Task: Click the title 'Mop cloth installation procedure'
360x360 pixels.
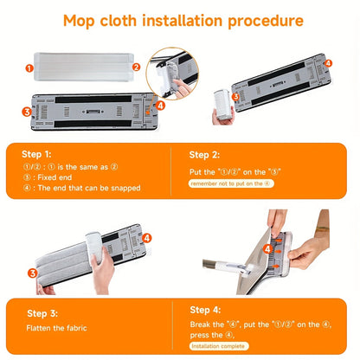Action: (180, 19)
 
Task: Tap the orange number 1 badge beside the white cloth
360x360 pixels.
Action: (29, 66)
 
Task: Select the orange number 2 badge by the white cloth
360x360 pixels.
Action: (136, 66)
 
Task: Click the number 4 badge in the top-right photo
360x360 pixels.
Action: (327, 63)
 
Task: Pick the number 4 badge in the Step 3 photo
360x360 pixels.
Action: (146, 237)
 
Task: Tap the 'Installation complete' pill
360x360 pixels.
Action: (220, 345)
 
